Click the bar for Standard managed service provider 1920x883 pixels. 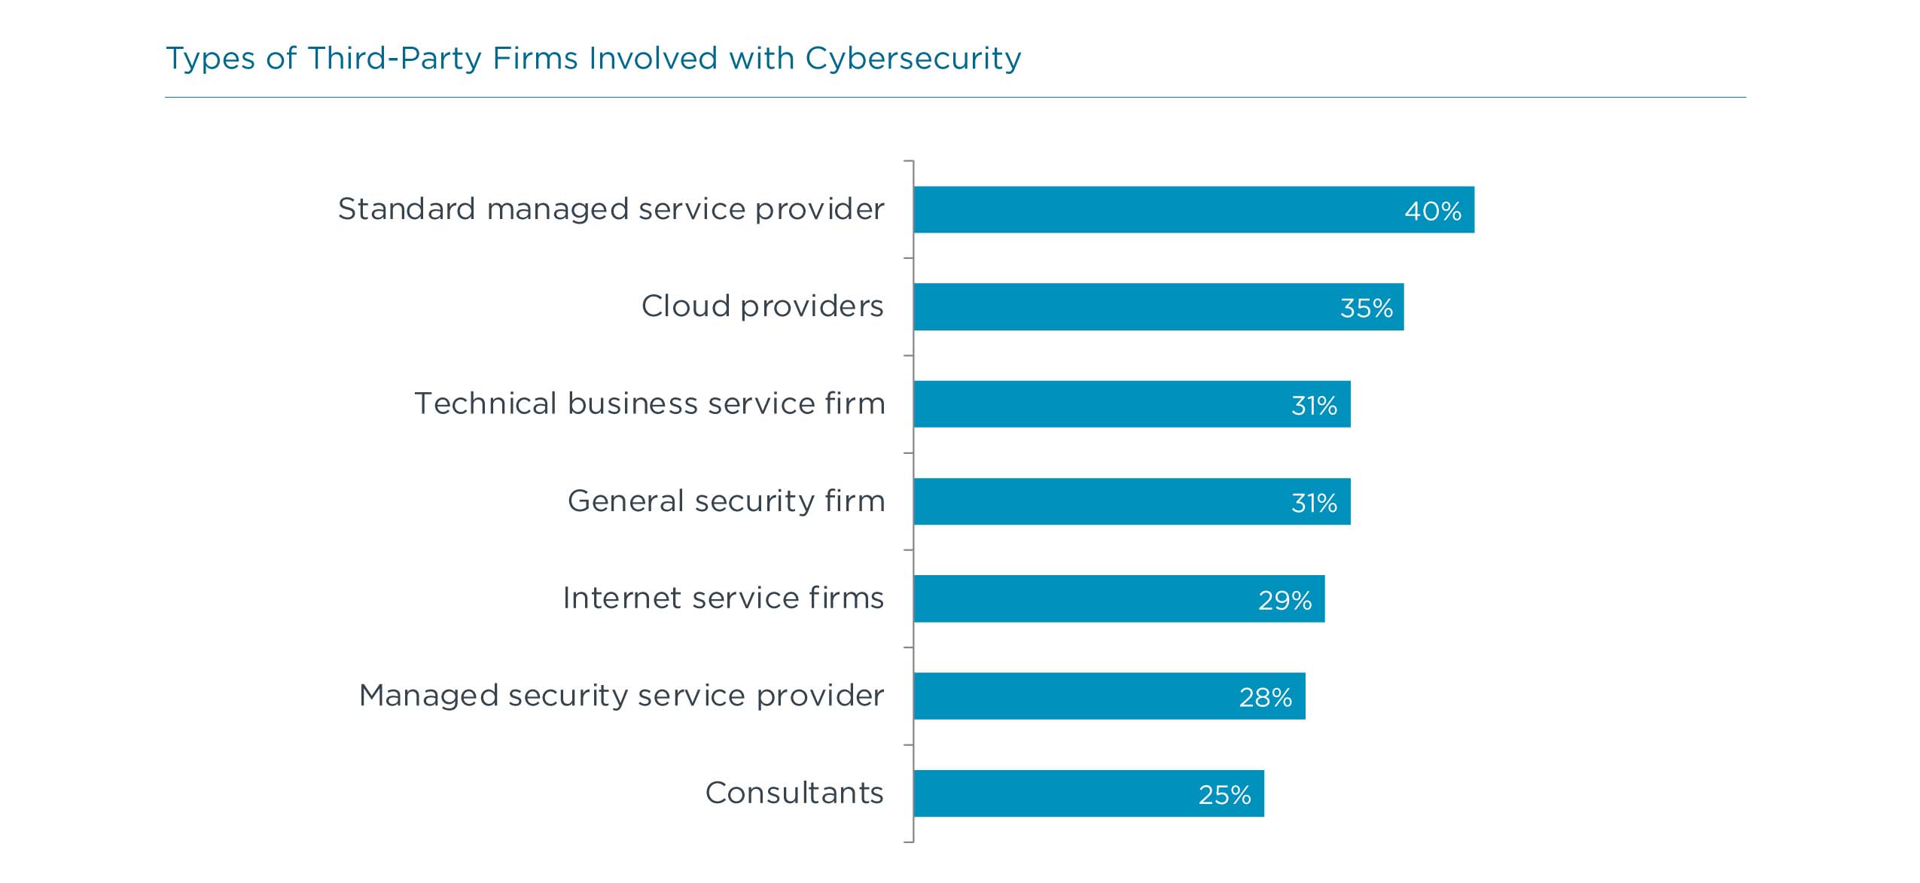pos(1194,209)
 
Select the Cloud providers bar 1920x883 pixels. pos(1159,306)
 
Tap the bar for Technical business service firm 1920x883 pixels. pos(1132,404)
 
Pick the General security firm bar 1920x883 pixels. pos(1132,501)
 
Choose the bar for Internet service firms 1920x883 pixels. pos(1120,598)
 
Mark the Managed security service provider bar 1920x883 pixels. pos(1110,696)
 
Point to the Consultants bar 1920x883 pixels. pos(1090,793)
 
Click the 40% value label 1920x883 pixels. pos(1433,211)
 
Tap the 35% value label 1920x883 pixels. pos(1366,308)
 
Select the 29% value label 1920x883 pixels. pos(1285,600)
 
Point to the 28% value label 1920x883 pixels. pos(1265,698)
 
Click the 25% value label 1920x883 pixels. pos(1224,795)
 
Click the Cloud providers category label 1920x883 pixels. pos(762,306)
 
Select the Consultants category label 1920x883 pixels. pos(794,793)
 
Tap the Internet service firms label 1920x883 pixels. pos(723,598)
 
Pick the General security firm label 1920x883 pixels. pos(726,501)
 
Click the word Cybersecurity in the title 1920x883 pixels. pos(913,59)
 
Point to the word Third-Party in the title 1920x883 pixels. pos(394,59)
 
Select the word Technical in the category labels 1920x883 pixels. pos(486,403)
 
